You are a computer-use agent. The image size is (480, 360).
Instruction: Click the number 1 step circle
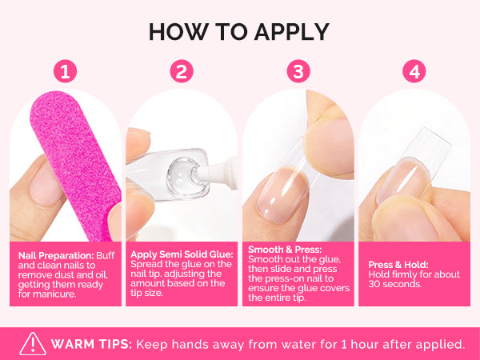(x=66, y=71)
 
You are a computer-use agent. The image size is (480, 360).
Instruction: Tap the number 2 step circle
(x=182, y=71)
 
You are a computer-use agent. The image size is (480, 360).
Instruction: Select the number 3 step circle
(x=298, y=71)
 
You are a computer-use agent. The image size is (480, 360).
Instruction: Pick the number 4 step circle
(x=414, y=71)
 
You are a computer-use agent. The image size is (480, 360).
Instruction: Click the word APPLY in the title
(x=292, y=32)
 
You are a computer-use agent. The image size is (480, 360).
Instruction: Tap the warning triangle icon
(x=33, y=344)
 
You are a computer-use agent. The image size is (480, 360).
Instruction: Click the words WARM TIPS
(x=91, y=344)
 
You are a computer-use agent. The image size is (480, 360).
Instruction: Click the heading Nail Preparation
(x=56, y=256)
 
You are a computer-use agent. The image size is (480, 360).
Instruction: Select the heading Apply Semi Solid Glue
(x=182, y=254)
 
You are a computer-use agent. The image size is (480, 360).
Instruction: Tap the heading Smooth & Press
(x=285, y=250)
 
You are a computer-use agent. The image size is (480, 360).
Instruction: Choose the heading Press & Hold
(x=398, y=265)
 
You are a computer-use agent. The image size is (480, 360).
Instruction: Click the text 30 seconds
(x=395, y=284)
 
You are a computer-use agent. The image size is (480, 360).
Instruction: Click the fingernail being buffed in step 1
(x=44, y=187)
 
